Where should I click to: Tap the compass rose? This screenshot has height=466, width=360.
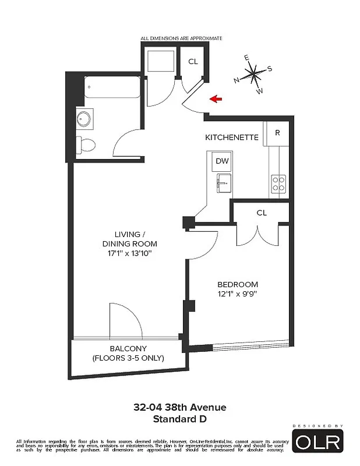click(253, 75)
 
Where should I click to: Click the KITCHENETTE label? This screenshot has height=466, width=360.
click(231, 137)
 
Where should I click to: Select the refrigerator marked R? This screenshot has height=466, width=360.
click(278, 133)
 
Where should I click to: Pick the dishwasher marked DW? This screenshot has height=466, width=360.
click(222, 161)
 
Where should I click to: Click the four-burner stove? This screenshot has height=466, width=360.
click(278, 184)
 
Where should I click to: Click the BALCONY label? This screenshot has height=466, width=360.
click(128, 349)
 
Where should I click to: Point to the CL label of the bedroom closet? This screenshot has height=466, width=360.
click(262, 213)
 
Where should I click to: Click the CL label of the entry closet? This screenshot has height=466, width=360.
click(193, 62)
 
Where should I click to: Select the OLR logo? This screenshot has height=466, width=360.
click(318, 442)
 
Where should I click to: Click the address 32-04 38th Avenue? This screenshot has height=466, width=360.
click(179, 407)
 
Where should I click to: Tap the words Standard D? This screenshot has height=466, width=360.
click(179, 418)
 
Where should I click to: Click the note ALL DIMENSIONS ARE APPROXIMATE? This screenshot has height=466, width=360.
click(181, 38)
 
